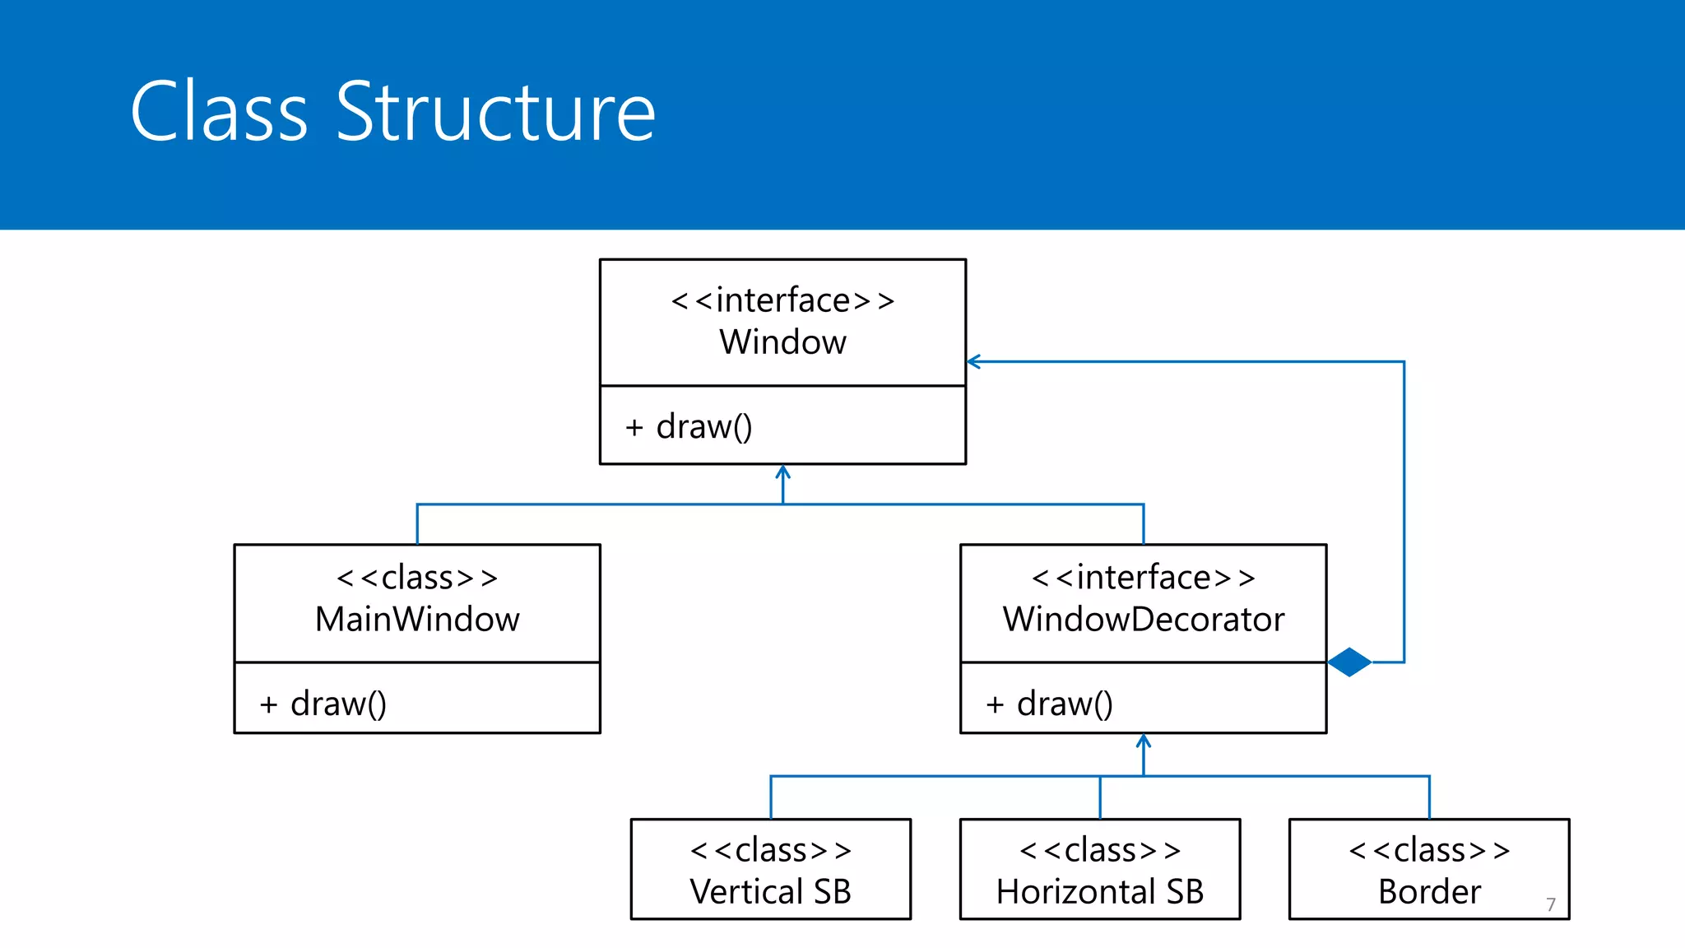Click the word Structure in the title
click(x=495, y=112)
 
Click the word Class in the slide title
click(x=219, y=112)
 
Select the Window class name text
click(x=782, y=342)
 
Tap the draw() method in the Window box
click(x=703, y=427)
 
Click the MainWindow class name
click(x=417, y=620)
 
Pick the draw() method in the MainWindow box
click(x=337, y=704)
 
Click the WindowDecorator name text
click(x=1143, y=620)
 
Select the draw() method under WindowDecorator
click(x=1064, y=704)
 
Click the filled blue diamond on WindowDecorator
click(x=1349, y=662)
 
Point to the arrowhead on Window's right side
click(x=973, y=361)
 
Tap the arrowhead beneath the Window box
click(x=782, y=472)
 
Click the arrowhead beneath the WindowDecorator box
click(x=1143, y=741)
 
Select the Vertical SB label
click(x=770, y=892)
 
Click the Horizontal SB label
click(x=1099, y=892)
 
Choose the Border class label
click(x=1429, y=892)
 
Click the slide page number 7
click(x=1550, y=904)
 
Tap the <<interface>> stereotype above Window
click(x=782, y=300)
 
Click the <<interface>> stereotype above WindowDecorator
click(x=1143, y=578)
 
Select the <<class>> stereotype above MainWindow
click(x=417, y=578)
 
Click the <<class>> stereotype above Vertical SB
click(x=770, y=850)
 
